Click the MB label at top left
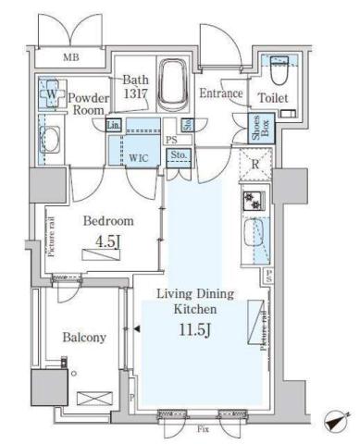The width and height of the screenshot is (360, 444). pyautogui.click(x=70, y=58)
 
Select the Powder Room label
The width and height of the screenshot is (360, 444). pyautogui.click(x=90, y=103)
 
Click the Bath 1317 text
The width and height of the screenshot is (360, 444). pyautogui.click(x=136, y=86)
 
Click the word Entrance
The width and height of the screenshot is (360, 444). pyautogui.click(x=221, y=94)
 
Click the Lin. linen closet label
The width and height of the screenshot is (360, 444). pyautogui.click(x=114, y=125)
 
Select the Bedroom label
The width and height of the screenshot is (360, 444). pyautogui.click(x=109, y=222)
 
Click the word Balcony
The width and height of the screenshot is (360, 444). pyautogui.click(x=84, y=338)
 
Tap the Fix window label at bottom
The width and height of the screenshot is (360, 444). pyautogui.click(x=202, y=429)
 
